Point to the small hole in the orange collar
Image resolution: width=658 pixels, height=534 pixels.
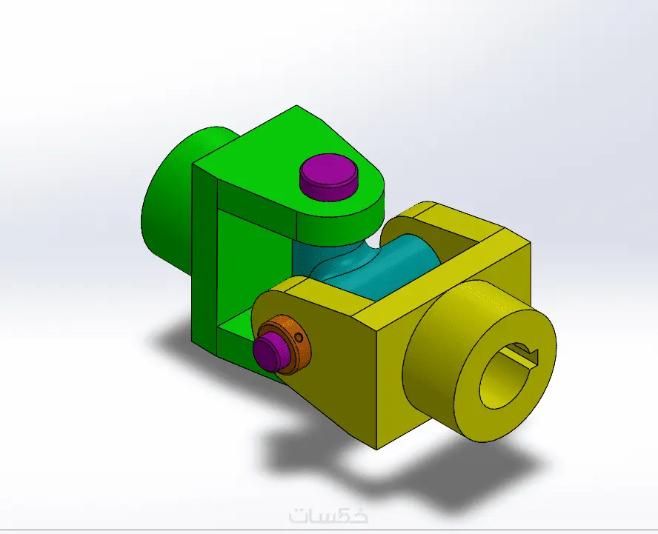pyautogui.click(x=299, y=338)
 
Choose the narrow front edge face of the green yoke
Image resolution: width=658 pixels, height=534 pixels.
pyautogui.click(x=204, y=259)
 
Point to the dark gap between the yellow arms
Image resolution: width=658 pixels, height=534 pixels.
pyautogui.click(x=445, y=252)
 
